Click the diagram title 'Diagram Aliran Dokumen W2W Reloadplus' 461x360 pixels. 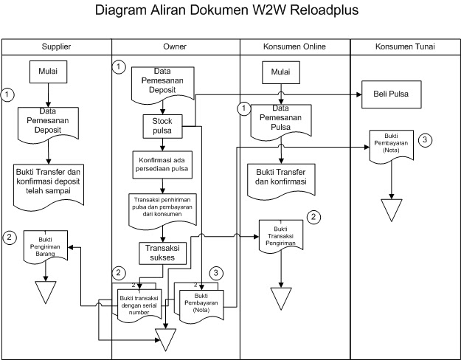point(230,13)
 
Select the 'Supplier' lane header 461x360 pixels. point(56,46)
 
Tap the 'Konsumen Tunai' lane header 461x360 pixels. point(404,46)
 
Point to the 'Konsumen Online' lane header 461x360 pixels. point(294,46)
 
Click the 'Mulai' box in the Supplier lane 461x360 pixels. point(48,72)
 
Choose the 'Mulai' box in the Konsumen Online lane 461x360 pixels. point(281,72)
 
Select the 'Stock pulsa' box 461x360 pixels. point(162,126)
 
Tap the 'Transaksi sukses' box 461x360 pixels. point(162,252)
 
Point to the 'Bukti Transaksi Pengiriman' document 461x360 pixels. point(281,235)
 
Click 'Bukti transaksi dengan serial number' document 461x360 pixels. point(138,302)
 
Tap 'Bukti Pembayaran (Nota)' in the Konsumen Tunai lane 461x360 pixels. point(391,145)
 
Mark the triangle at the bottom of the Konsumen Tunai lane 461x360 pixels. point(391,208)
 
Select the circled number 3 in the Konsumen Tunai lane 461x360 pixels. point(425,139)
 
